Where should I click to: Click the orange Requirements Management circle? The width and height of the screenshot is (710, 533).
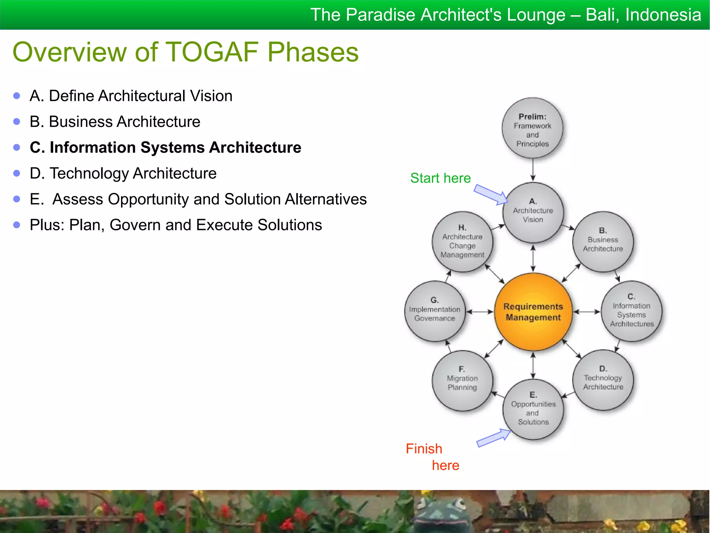(x=533, y=312)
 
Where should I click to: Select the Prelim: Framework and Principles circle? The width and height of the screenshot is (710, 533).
(x=532, y=128)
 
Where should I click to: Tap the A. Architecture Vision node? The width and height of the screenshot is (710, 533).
(x=533, y=212)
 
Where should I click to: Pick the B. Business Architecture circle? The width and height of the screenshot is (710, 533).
(x=603, y=242)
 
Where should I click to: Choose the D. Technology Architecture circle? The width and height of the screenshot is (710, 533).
(x=603, y=380)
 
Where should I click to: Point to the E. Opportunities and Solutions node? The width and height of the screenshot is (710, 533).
(x=533, y=409)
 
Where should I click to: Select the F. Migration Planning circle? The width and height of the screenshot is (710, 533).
(x=462, y=380)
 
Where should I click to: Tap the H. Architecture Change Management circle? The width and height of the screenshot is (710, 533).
(x=462, y=242)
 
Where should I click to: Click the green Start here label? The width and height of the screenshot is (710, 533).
(x=440, y=178)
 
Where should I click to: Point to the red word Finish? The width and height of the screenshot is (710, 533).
(x=424, y=449)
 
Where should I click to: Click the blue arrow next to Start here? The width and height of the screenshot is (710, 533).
(x=490, y=194)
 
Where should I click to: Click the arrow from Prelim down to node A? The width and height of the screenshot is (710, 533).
(x=533, y=170)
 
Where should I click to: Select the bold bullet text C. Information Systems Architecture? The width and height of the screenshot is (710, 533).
(x=165, y=147)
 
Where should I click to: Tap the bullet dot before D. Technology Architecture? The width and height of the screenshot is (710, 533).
(x=17, y=173)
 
